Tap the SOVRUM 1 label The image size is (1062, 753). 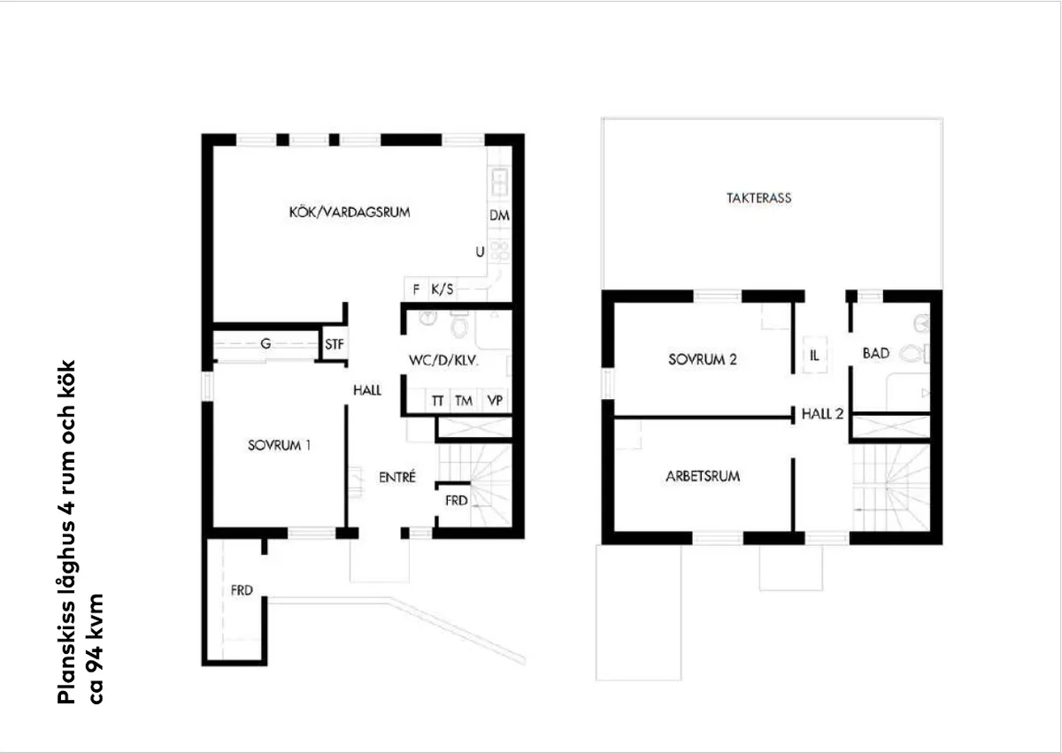pos(279,446)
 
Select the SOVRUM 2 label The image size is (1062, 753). pos(702,360)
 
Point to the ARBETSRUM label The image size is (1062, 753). pos(702,477)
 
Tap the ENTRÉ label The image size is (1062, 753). pos(397,478)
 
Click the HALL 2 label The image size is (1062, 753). pos(822,413)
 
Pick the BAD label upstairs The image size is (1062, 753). pos(875,354)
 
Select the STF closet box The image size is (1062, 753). pos(334,344)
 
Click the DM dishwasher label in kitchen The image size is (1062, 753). pos(499,215)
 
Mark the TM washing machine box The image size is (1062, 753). pos(464,401)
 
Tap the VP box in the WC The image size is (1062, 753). pos(496,401)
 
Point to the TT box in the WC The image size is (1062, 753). pos(437,401)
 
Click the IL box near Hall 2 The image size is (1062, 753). pos(813,353)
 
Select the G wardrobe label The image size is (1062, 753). pos(265,344)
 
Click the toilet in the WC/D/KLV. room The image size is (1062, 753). pos(458,328)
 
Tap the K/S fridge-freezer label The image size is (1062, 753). pos(442,289)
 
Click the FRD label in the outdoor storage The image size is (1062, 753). pos(242,591)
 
